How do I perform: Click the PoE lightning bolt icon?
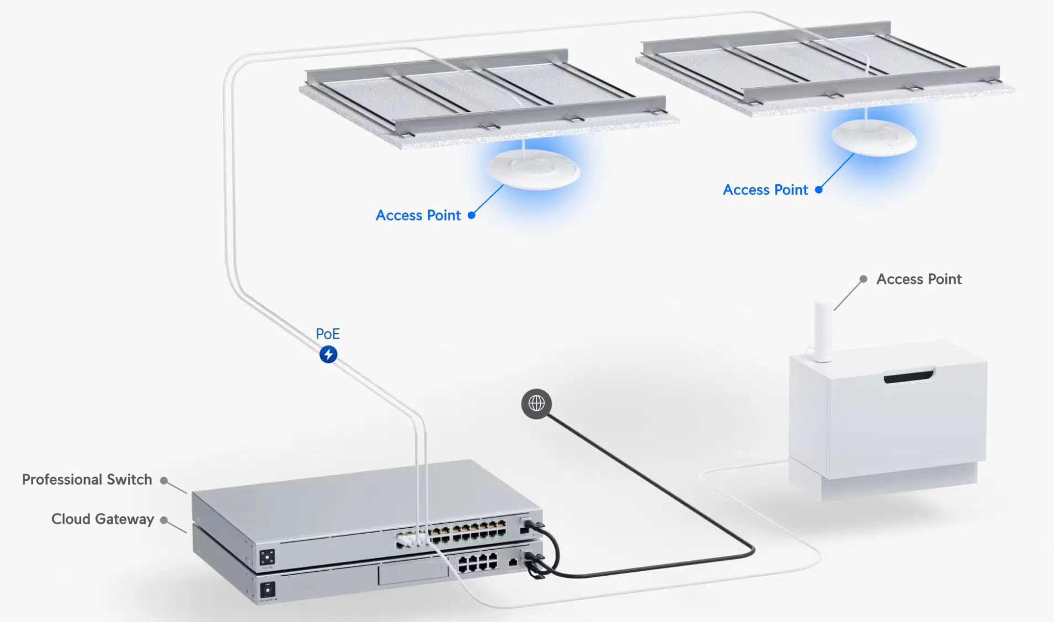(328, 354)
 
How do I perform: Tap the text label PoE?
(328, 334)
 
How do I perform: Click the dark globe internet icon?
(536, 404)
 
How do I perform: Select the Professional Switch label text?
(87, 479)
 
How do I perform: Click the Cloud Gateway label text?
(103, 519)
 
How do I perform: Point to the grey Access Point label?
(919, 279)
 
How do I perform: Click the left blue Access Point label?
(418, 215)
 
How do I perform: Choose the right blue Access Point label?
(765, 190)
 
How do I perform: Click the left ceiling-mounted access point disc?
(533, 169)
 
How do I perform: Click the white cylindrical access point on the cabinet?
(823, 331)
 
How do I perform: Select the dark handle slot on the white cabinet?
(908, 377)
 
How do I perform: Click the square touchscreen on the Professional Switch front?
(267, 557)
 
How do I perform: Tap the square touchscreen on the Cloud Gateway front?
(268, 589)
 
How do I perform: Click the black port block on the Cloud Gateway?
(478, 562)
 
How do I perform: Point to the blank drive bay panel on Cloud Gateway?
(412, 572)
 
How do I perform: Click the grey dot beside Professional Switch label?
(164, 480)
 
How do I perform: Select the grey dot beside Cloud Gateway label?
(164, 520)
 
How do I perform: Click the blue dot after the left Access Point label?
(471, 215)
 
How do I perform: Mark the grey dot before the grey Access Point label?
(863, 279)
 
